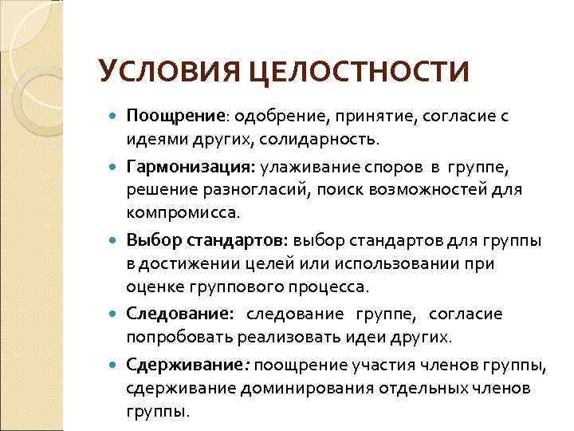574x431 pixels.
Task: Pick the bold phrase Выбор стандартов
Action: click(x=207, y=239)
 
